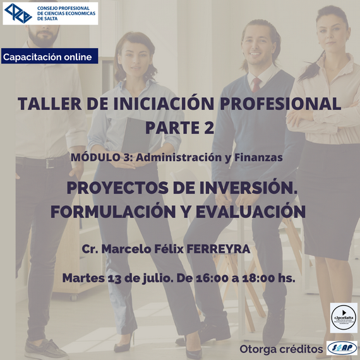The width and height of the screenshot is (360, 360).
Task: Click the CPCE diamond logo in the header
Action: coord(18,13)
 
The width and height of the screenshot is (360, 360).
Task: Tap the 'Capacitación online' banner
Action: coord(50,56)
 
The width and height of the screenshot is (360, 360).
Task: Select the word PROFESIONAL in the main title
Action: coord(280,104)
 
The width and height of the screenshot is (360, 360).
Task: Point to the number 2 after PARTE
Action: coord(209,128)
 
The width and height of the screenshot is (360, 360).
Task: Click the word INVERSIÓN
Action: coord(248,188)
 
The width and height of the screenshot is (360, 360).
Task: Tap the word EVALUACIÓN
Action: coord(251,211)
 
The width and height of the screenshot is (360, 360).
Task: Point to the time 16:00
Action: coord(212,279)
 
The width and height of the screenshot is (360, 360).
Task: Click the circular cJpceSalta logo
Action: coord(344,318)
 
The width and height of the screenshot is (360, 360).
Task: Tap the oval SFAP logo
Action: coord(342,348)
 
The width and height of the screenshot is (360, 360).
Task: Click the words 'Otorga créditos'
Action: coord(281,349)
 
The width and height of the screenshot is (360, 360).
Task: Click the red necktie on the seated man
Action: coord(256,85)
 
